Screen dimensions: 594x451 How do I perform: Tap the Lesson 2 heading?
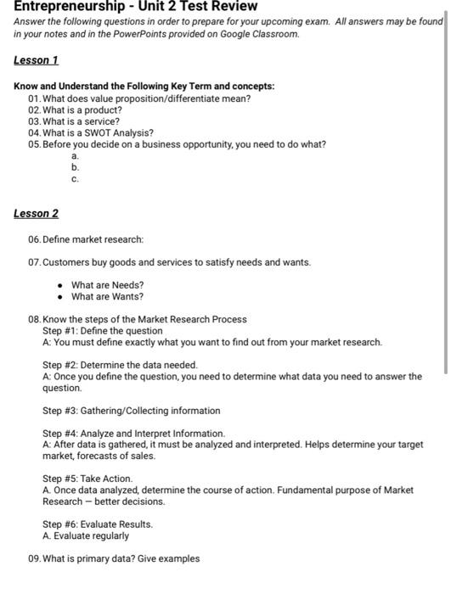[x=36, y=213]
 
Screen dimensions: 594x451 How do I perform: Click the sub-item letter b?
[x=75, y=168]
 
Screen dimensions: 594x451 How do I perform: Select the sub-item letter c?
[x=75, y=179]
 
